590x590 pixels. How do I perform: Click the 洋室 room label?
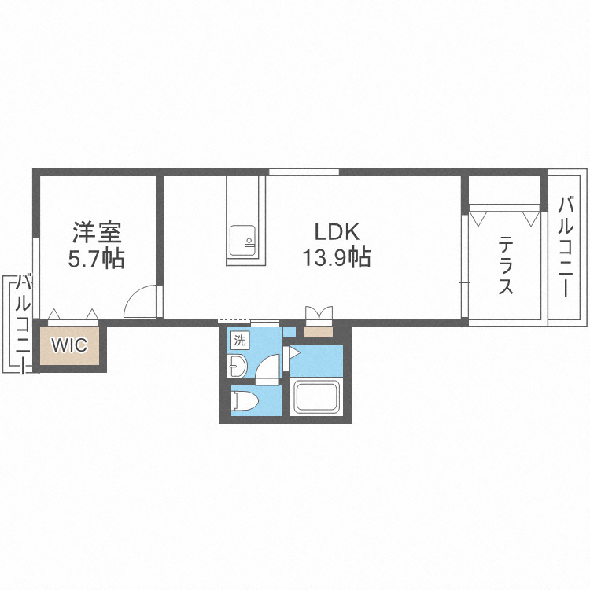pos(96,232)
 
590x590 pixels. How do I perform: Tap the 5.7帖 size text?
pos(96,259)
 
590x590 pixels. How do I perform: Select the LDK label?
pos(337,232)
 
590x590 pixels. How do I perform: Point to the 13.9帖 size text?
pos(337,258)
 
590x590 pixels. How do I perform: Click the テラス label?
pos(505,267)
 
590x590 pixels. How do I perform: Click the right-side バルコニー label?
pos(566,246)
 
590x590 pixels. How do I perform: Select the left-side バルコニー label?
pos(24,322)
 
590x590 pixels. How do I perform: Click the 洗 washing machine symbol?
pos(239,341)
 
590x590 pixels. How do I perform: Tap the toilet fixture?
pos(246,401)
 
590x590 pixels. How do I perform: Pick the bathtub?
pos(315,397)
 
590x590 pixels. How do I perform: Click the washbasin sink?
pos(236,366)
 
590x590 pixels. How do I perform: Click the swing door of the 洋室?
pos(144,303)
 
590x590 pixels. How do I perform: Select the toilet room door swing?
pos(268,368)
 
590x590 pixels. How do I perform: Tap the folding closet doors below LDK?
pos(319,314)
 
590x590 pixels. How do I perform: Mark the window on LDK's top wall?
pos(304,171)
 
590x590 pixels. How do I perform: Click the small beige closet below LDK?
pos(319,330)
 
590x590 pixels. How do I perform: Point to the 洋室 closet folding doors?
pos(72,315)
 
